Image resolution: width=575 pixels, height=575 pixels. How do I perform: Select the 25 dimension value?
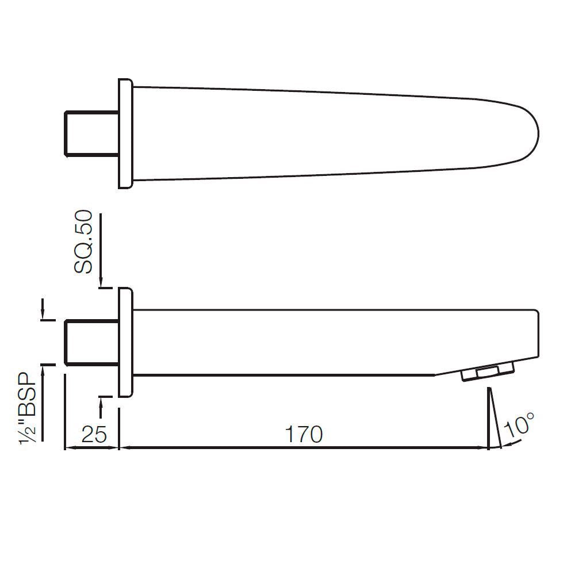[x=93, y=435]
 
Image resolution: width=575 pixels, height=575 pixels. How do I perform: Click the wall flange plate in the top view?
[x=125, y=133]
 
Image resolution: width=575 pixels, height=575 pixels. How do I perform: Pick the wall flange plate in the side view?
[x=125, y=342]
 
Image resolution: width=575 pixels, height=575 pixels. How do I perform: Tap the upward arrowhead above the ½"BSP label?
[x=43, y=369]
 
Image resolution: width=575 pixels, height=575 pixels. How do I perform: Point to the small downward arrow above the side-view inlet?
[x=43, y=314]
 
